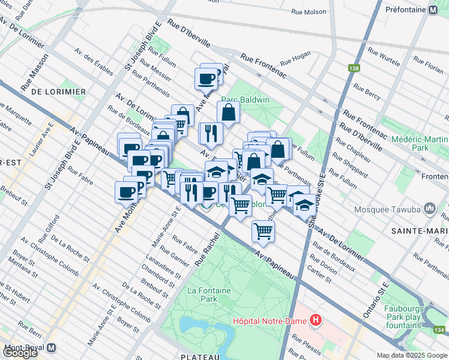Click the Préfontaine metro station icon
[432, 10]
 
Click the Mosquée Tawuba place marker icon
[429, 209]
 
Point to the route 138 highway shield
[354, 68]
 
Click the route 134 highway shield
[441, 330]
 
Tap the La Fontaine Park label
[209, 294]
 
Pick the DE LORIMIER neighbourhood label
[58, 92]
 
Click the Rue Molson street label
[309, 11]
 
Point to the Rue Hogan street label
[295, 58]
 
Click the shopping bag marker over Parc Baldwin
[228, 112]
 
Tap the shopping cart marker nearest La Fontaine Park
[263, 230]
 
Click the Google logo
[20, 353]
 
